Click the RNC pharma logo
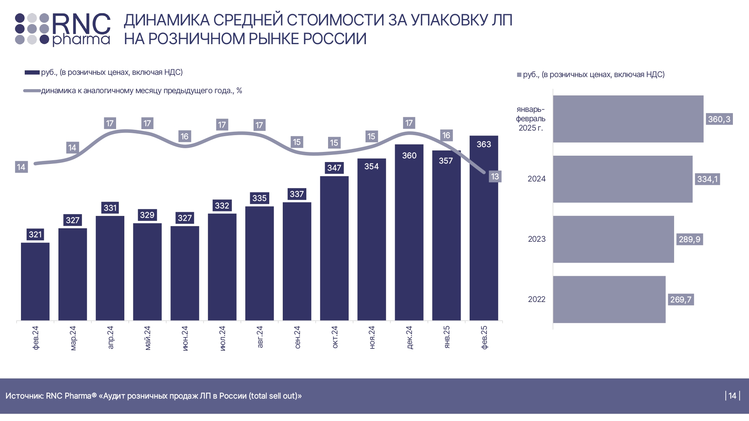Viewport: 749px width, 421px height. pos(63,29)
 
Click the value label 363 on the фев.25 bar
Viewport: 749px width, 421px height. pos(483,144)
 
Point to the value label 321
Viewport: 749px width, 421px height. pos(35,235)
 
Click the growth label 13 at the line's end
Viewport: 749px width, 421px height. pos(495,177)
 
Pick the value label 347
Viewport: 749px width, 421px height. pos(334,168)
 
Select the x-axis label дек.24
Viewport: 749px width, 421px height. pos(409,337)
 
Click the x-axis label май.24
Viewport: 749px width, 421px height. pos(148,338)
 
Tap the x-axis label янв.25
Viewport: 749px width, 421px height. pos(447,337)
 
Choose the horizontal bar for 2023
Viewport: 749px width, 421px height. pos(613,239)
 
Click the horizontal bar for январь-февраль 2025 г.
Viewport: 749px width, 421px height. pos(628,119)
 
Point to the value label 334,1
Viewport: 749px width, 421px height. pos(707,179)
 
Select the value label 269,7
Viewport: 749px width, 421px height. pos(680,299)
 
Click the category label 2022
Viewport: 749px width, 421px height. pos(536,299)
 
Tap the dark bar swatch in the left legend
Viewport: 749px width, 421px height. pos(32,73)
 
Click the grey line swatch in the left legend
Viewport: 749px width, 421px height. pos(32,91)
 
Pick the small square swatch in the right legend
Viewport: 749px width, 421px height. pos(519,75)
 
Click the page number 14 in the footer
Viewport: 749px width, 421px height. pos(732,396)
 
